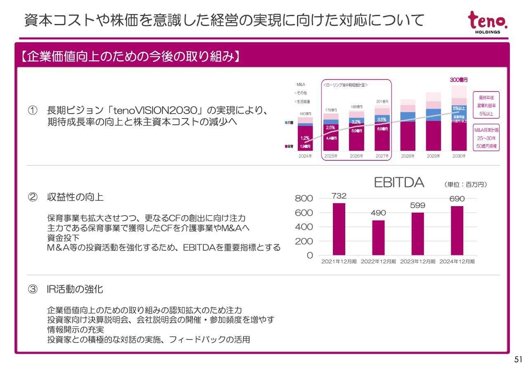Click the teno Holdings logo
(488, 22)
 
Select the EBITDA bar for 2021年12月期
(339, 229)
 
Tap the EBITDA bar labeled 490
(378, 238)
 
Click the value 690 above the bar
(457, 199)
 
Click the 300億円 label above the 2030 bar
(459, 80)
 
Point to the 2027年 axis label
(382, 156)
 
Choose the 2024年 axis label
(305, 156)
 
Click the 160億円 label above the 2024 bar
(305, 114)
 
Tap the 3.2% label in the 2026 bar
(356, 122)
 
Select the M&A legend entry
(300, 85)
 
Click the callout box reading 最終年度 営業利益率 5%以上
(486, 106)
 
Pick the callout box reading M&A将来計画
(486, 138)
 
